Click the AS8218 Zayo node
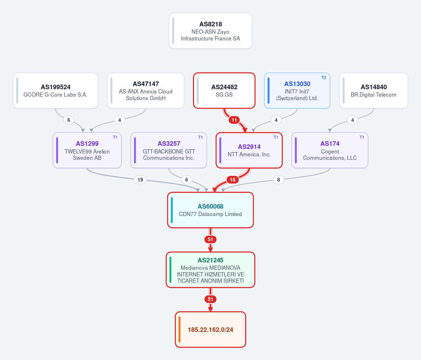click(210, 31)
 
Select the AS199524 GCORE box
click(55, 91)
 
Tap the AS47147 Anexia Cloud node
click(146, 91)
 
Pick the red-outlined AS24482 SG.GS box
click(224, 91)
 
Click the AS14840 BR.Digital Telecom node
click(374, 91)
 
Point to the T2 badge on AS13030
click(323, 78)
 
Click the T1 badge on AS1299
click(115, 137)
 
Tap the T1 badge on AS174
click(362, 137)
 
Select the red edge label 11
click(234, 120)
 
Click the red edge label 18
click(233, 179)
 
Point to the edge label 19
click(140, 179)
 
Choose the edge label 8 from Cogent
click(279, 179)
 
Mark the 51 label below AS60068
click(210, 239)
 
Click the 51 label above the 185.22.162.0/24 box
click(210, 299)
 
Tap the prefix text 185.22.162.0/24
click(210, 330)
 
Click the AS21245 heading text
click(210, 260)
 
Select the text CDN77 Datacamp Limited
click(210, 214)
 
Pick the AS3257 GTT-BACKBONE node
click(169, 150)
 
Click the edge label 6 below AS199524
click(69, 120)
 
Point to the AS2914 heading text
click(249, 146)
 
